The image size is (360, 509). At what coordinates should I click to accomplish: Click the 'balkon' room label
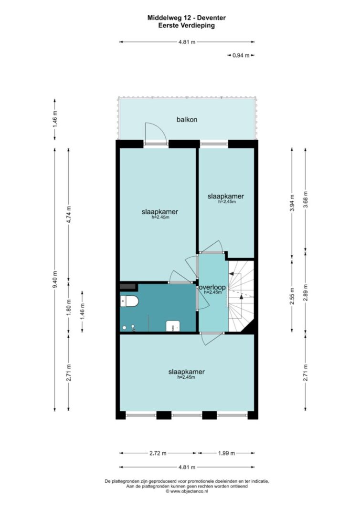point(187,119)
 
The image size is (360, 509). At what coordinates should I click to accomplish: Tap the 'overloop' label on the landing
point(212,287)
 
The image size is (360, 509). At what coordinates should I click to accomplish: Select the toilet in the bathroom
point(129,301)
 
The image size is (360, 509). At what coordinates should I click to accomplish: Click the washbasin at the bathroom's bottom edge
point(173,326)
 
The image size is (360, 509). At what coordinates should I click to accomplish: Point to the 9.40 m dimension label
point(55,279)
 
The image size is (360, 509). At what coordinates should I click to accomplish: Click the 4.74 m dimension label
point(69,214)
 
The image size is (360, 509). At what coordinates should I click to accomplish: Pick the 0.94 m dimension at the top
point(241,55)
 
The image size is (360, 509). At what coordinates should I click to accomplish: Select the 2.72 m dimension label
point(158,453)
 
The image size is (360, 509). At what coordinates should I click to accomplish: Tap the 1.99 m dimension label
point(226,453)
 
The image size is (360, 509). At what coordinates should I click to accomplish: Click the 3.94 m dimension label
point(292,203)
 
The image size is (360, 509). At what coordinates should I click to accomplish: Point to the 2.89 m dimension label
point(306,292)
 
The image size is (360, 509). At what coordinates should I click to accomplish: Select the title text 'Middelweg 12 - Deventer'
point(187,18)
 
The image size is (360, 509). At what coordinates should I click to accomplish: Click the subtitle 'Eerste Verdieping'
point(187,26)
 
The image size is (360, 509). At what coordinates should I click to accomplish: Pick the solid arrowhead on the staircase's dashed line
point(241,296)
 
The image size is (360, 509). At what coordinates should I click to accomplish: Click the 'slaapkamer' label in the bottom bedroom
point(187,372)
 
